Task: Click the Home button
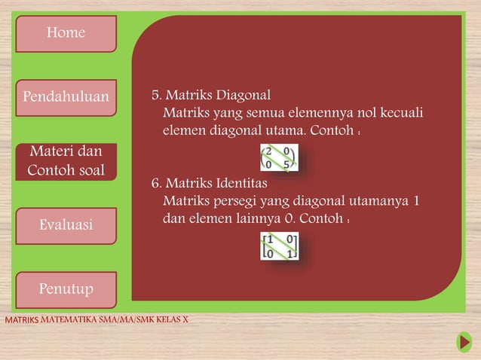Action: pos(66,33)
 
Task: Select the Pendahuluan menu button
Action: pos(66,97)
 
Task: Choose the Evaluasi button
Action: pos(66,224)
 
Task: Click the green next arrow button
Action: pos(464,343)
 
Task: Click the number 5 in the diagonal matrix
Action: pos(287,165)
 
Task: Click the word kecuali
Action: pos(400,114)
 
